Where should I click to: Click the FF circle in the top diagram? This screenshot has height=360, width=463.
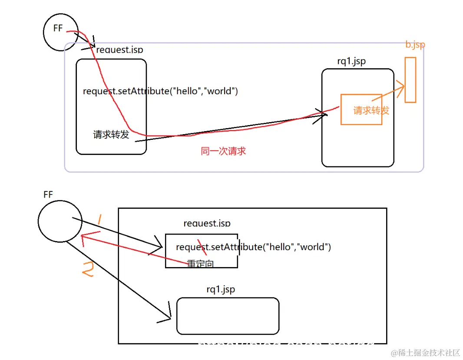(x=60, y=31)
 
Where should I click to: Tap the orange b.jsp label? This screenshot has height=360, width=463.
(x=415, y=45)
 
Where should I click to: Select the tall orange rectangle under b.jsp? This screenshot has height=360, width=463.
(x=410, y=80)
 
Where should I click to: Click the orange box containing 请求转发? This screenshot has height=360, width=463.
(x=361, y=110)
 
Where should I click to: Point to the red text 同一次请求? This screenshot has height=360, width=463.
(x=223, y=151)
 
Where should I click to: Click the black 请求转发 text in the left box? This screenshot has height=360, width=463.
(x=111, y=135)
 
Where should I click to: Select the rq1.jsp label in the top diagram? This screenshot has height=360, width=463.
(x=351, y=61)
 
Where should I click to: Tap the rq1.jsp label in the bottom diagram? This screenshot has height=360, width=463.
(x=221, y=289)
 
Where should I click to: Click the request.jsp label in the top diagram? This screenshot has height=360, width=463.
(x=119, y=50)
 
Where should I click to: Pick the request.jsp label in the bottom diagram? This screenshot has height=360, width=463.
(x=207, y=224)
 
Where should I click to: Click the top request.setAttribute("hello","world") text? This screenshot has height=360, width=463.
(x=160, y=91)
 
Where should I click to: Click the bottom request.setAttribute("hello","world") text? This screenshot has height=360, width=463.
(x=253, y=247)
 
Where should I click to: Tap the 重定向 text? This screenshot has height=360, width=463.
(x=200, y=264)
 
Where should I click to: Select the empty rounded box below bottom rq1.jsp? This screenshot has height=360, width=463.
(x=228, y=316)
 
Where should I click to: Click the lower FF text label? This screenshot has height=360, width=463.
(x=48, y=195)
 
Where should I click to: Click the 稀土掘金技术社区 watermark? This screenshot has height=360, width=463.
(x=425, y=353)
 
